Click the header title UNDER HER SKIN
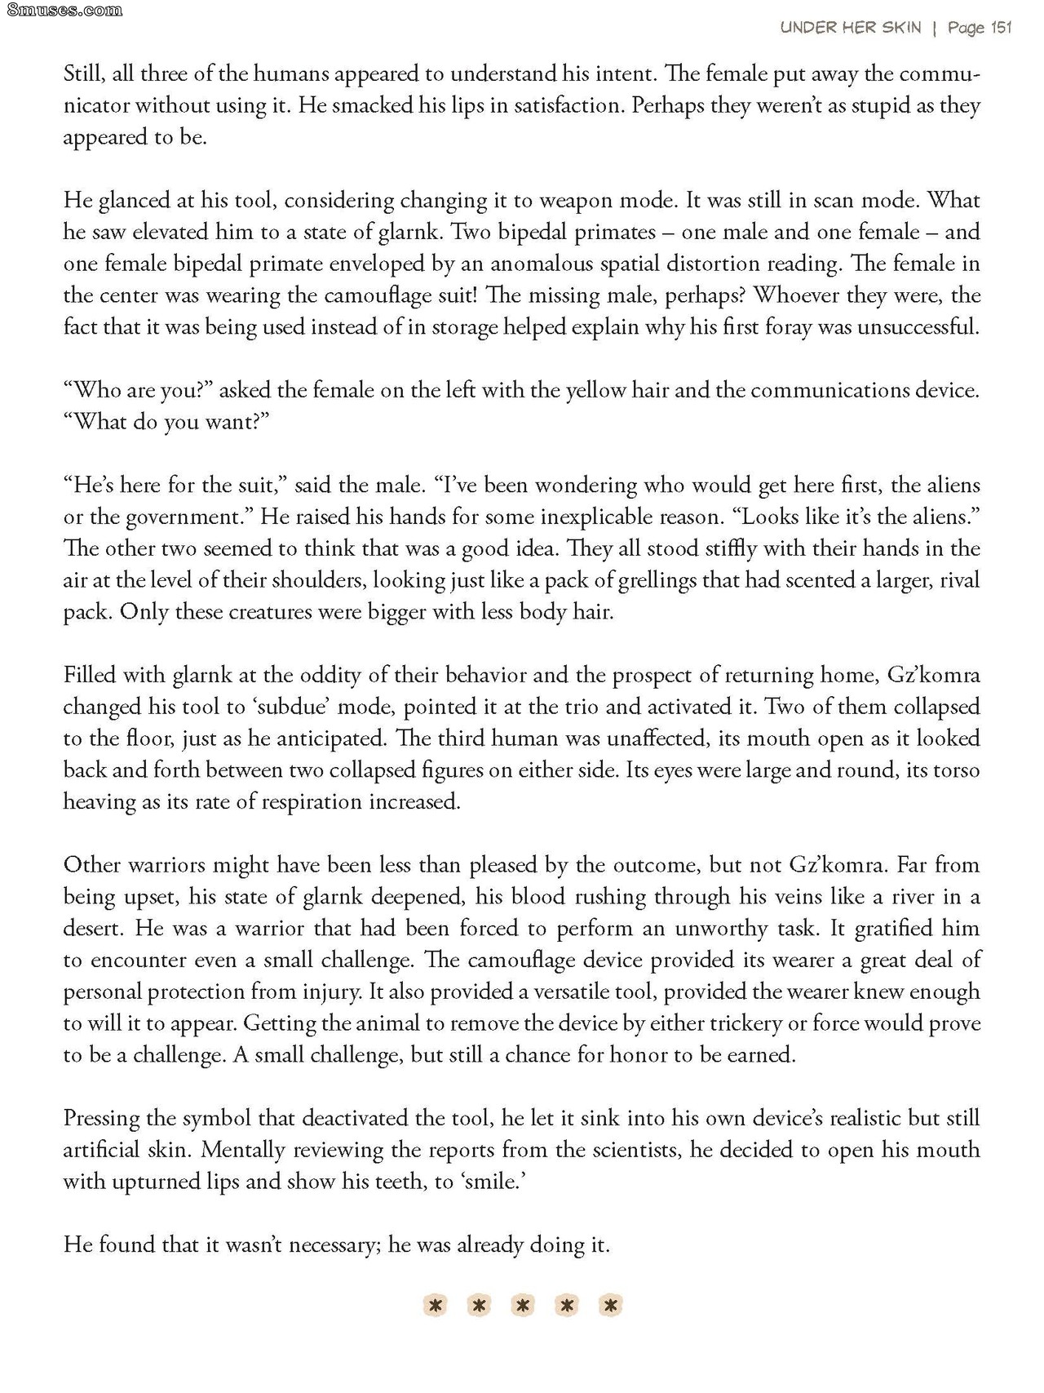851,28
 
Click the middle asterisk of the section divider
523,1306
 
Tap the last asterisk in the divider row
609,1306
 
